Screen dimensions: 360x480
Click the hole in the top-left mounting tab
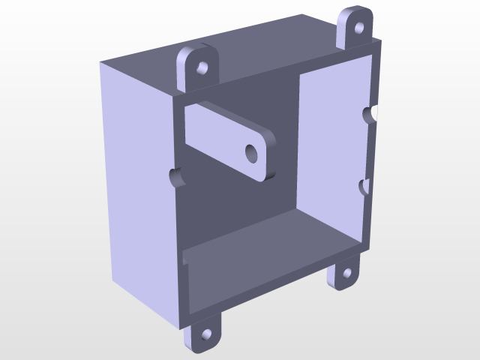coord(202,68)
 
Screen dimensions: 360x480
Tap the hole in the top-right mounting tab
coord(358,26)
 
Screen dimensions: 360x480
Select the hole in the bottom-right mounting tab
coord(346,274)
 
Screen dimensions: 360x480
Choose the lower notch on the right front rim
coord(364,186)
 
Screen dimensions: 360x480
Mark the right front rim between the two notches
coord(368,150)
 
